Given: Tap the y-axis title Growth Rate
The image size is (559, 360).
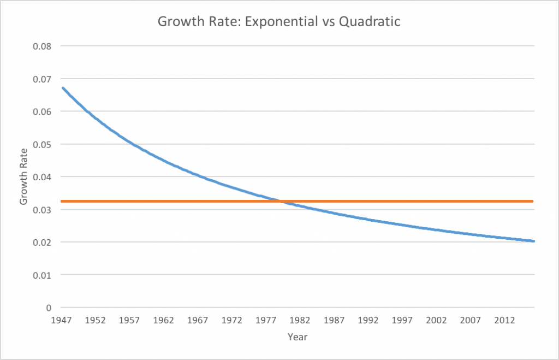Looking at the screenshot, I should point(23,176).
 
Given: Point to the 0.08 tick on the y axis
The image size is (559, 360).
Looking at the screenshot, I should point(41,46).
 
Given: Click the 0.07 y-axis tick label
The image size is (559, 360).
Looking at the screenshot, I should point(41,79).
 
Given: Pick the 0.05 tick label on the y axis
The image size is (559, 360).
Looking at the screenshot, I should point(41,144).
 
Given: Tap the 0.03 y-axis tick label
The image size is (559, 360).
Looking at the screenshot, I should point(41,209).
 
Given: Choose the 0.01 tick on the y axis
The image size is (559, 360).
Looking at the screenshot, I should point(41,275).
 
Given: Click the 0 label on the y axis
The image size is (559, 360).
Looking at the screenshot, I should point(49,308).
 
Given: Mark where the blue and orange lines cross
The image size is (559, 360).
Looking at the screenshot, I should point(282,202).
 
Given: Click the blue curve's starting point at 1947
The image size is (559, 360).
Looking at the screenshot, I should point(62,88).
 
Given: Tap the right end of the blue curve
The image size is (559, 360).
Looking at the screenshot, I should point(533,241).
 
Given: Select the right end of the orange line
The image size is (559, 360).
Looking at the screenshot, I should point(532,202).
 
